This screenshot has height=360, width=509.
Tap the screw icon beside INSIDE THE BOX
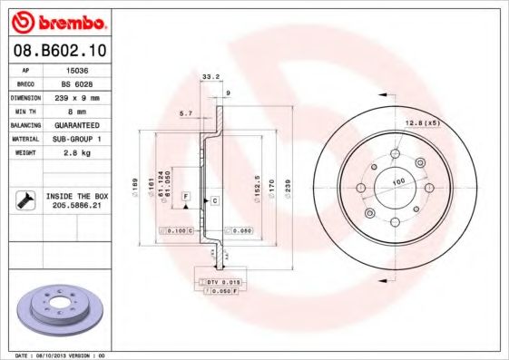(x=26, y=200)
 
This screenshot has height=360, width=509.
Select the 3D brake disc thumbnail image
(x=57, y=308)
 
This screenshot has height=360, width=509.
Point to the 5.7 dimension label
(x=186, y=112)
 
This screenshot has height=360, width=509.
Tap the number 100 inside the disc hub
(x=396, y=182)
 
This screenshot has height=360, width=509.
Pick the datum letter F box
(x=186, y=197)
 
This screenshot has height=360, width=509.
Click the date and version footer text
(x=62, y=355)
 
